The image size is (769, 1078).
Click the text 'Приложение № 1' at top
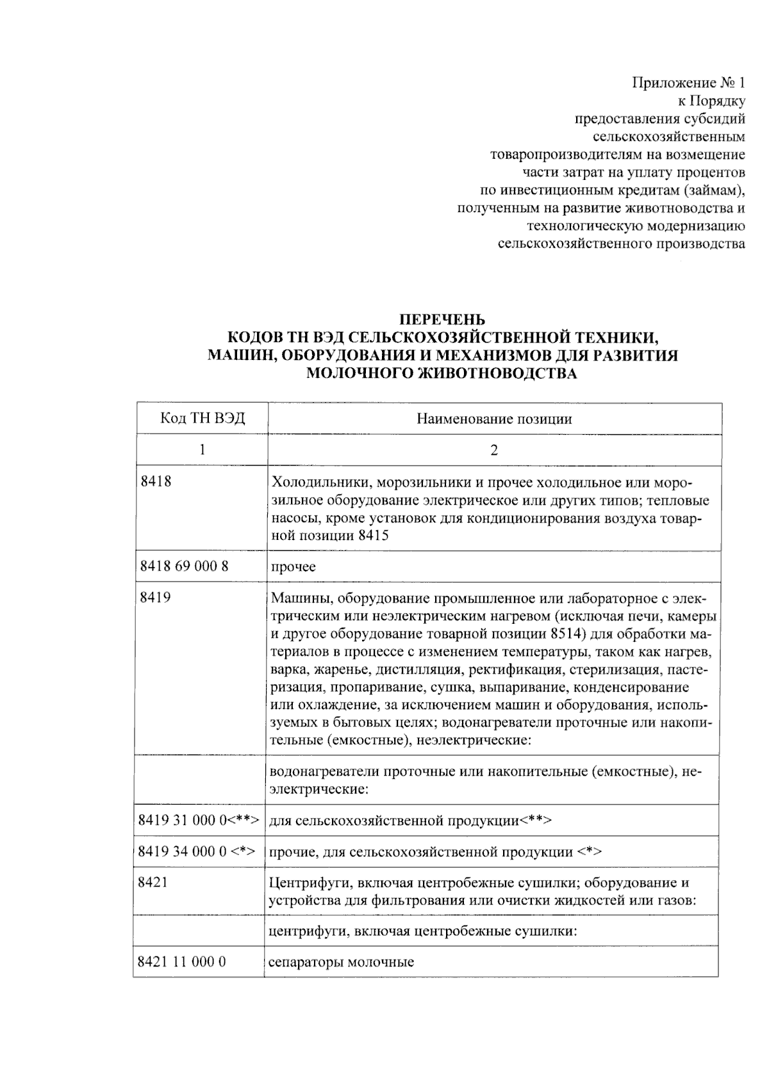689,83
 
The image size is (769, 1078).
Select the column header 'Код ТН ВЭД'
202,419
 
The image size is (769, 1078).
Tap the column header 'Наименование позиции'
494,419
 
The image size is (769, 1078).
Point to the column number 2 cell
494,450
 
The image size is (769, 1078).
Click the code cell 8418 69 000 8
184,566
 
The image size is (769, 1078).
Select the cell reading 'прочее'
294,567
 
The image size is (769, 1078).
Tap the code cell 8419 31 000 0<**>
199,820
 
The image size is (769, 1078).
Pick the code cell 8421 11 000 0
182,961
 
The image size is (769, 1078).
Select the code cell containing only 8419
155,597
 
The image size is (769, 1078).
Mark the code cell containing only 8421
153,882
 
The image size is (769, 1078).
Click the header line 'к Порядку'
711,101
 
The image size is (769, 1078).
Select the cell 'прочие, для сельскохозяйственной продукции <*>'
436,852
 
